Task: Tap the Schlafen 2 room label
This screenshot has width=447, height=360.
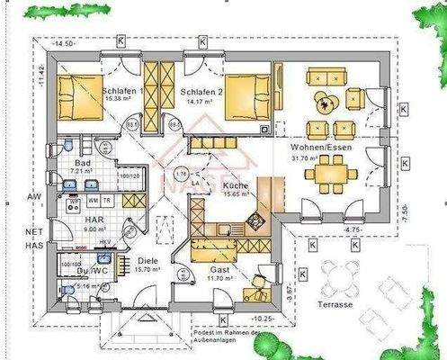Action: (200, 92)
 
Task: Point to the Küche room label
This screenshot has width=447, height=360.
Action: (237, 184)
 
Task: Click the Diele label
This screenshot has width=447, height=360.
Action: (149, 261)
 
